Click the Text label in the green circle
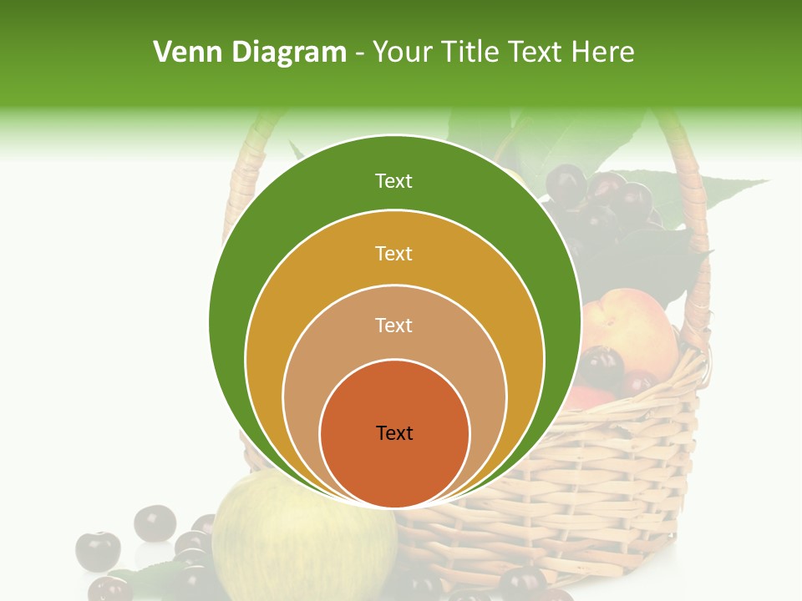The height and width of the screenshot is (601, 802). pos(393,181)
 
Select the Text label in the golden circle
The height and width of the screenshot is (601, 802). pos(393,253)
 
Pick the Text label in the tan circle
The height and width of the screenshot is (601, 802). pos(393,325)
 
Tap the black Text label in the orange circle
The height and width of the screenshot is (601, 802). pos(394,432)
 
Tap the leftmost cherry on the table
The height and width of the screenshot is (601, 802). pos(98,551)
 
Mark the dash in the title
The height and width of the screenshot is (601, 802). pos(358,53)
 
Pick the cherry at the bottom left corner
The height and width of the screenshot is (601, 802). pos(109,589)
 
